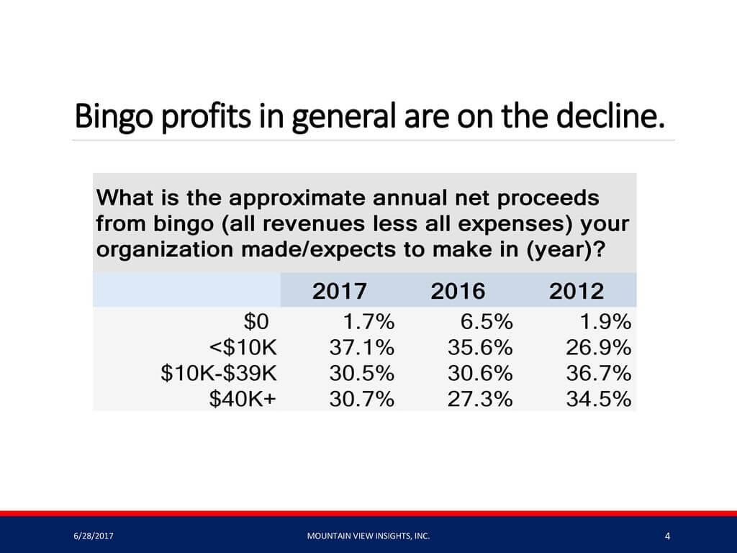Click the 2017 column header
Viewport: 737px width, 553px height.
(340, 291)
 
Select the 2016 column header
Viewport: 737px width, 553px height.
(458, 291)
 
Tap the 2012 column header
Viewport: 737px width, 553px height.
(577, 291)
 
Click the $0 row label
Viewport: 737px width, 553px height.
(256, 322)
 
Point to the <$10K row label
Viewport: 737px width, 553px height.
(243, 348)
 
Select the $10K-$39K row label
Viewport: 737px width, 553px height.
(219, 374)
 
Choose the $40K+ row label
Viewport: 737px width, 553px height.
(243, 399)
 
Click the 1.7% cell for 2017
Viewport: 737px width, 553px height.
(369, 322)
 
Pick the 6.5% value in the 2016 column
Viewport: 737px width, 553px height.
(487, 322)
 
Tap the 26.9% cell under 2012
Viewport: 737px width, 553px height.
(598, 348)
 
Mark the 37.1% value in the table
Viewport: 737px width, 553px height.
(362, 348)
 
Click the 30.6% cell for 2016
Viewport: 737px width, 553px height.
(480, 374)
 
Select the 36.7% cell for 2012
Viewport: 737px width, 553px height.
(598, 374)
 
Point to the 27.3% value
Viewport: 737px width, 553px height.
(480, 399)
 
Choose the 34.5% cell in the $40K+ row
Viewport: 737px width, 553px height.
(598, 399)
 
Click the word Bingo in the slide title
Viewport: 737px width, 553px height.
(114, 117)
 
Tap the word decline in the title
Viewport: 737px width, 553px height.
(610, 116)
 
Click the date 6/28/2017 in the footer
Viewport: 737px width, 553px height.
(94, 536)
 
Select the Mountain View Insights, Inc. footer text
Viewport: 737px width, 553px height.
(368, 536)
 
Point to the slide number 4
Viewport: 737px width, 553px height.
(668, 536)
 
